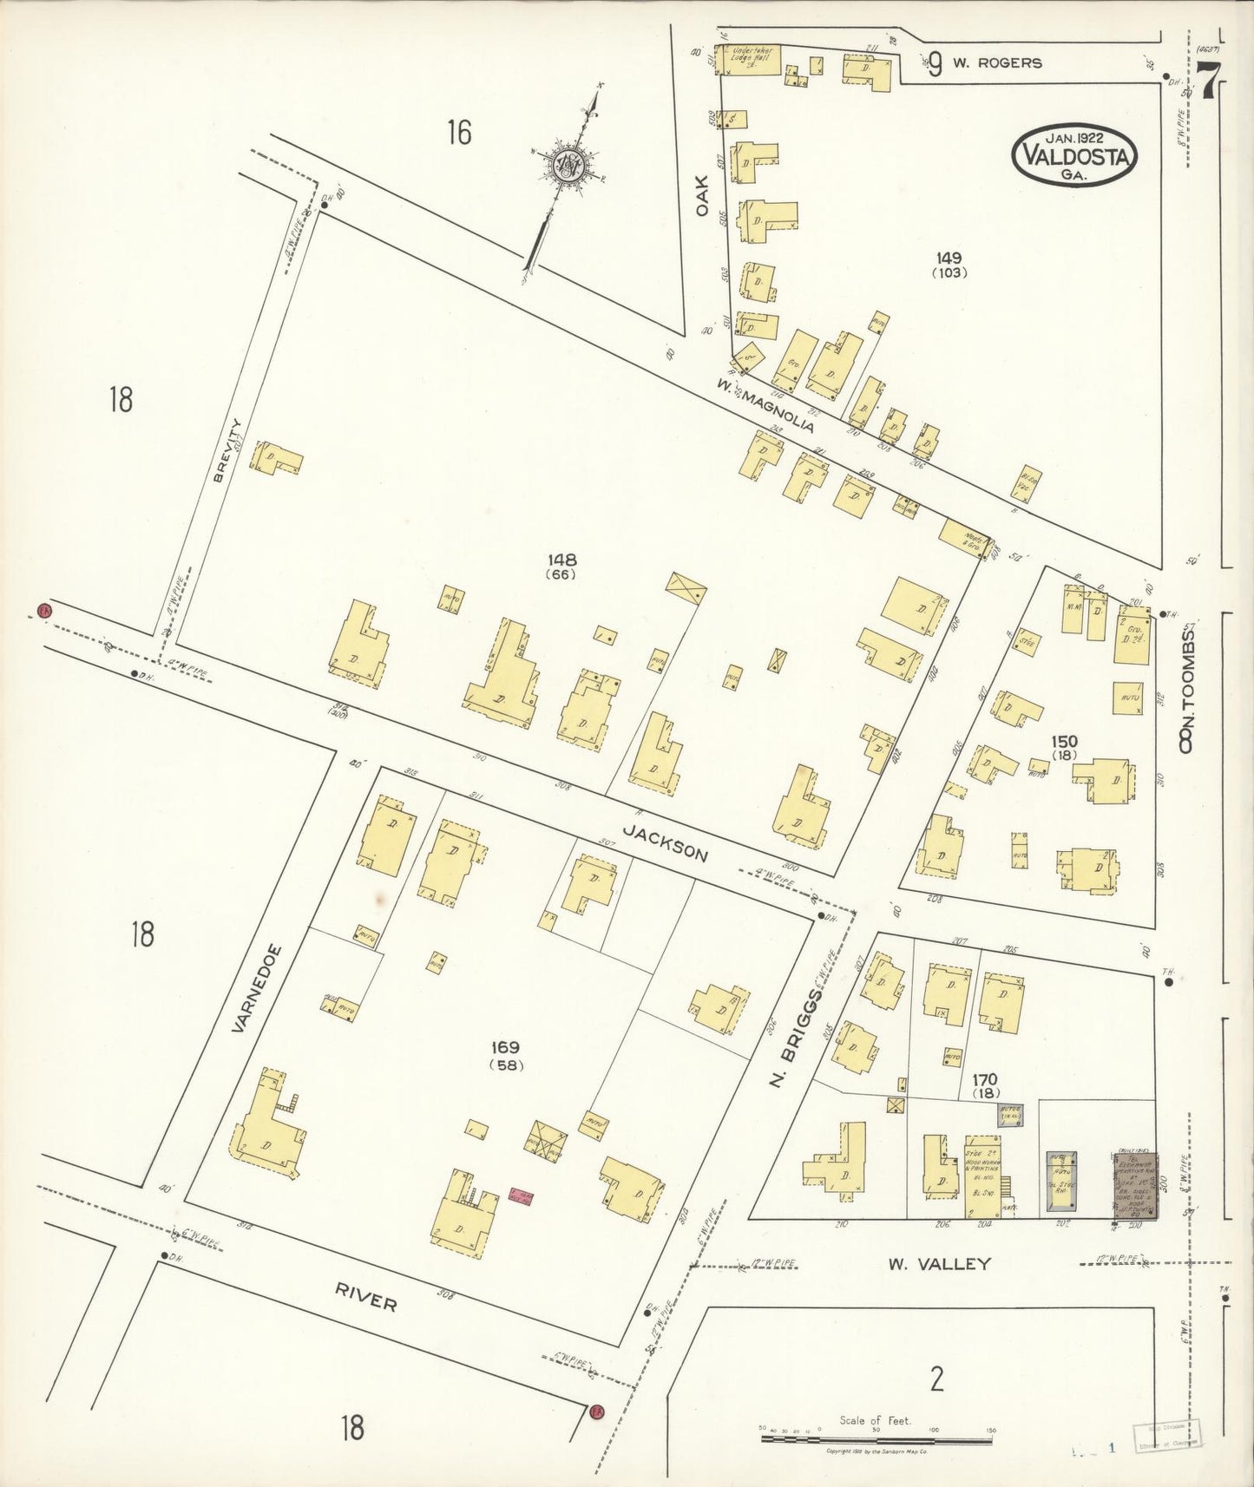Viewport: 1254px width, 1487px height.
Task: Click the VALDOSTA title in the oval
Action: point(1074,156)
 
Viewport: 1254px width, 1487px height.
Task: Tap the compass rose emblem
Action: point(570,162)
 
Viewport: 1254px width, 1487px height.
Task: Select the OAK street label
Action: point(703,196)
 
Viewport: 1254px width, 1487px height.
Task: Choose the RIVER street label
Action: point(366,1297)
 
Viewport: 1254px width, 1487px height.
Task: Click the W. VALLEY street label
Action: point(938,1263)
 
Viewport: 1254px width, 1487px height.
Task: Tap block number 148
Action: point(561,560)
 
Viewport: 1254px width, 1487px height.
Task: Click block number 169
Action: point(504,1049)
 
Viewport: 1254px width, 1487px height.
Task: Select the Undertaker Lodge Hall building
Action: point(747,58)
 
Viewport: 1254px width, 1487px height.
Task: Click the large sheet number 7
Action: point(1207,84)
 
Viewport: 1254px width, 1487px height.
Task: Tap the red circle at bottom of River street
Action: point(595,1412)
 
